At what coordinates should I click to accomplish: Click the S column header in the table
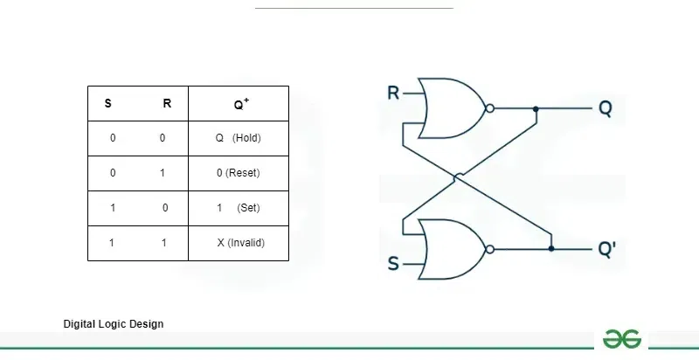107,103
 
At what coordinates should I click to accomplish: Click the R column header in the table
167,103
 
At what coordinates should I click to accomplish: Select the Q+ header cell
239,103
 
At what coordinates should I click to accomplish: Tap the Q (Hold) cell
239,138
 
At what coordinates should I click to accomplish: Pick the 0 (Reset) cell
239,173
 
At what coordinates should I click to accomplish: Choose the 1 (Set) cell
239,208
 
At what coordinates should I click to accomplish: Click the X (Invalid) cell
239,243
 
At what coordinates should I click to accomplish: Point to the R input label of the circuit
393,93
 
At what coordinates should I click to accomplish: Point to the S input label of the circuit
393,263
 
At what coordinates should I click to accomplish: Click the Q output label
606,108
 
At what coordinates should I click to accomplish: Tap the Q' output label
606,249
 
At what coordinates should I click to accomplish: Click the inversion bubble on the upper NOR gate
489,108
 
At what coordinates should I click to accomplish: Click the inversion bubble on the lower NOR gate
489,249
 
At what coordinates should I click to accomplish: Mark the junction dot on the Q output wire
536,108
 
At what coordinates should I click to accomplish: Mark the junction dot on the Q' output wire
551,249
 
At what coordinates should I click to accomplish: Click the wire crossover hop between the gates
458,177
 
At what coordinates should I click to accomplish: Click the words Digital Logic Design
114,324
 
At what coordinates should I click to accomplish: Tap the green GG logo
622,339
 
